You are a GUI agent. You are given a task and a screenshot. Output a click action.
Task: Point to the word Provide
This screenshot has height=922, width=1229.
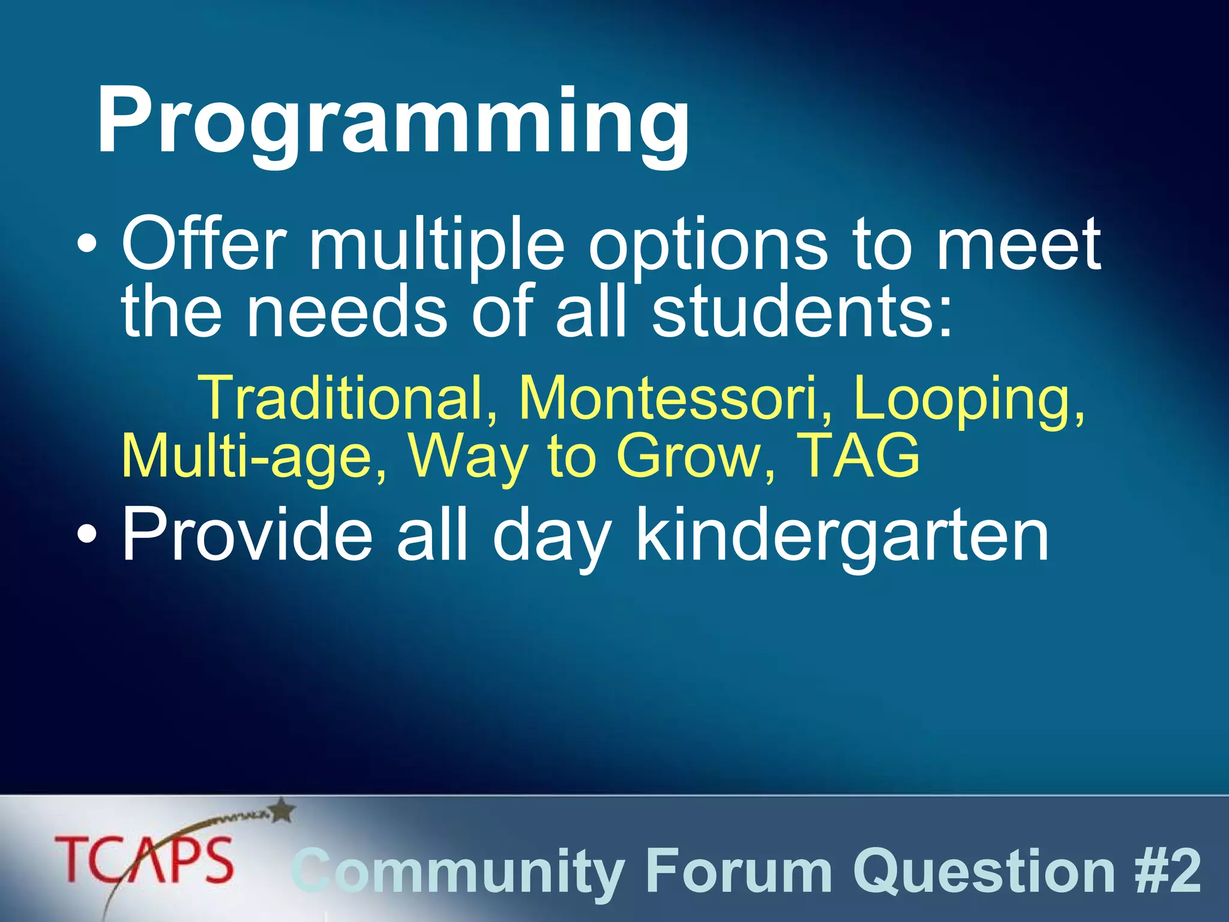247,534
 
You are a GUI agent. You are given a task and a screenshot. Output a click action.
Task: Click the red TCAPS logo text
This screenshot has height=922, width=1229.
144,860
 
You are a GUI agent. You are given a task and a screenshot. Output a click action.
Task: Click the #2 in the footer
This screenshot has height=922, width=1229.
1168,870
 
